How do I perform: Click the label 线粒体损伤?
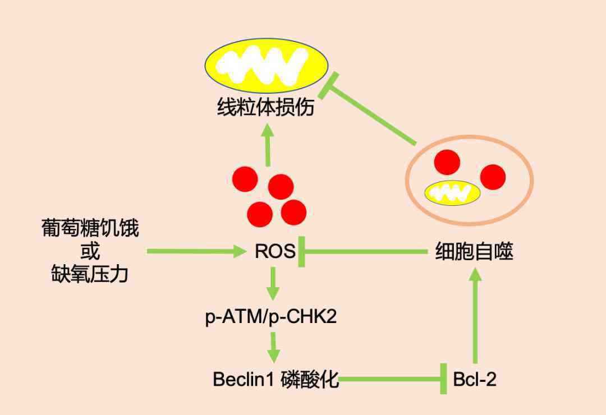[x=265, y=107]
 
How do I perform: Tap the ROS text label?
[x=275, y=252]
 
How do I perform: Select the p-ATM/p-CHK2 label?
[x=271, y=317]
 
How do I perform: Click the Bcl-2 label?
[x=475, y=380]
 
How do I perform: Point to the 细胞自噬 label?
[x=474, y=252]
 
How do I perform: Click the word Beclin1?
[x=243, y=379]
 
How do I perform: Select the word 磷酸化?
[x=310, y=380]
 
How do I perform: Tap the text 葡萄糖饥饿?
[x=90, y=228]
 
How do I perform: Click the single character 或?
[x=90, y=251]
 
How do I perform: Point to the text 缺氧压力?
[x=90, y=274]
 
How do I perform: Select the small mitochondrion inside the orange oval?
[x=452, y=192]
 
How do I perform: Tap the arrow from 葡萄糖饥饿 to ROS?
[x=196, y=252]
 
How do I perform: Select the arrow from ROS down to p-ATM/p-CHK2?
[x=273, y=283]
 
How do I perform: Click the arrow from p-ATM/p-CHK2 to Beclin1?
[x=274, y=347]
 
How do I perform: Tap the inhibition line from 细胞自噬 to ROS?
[x=362, y=252]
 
